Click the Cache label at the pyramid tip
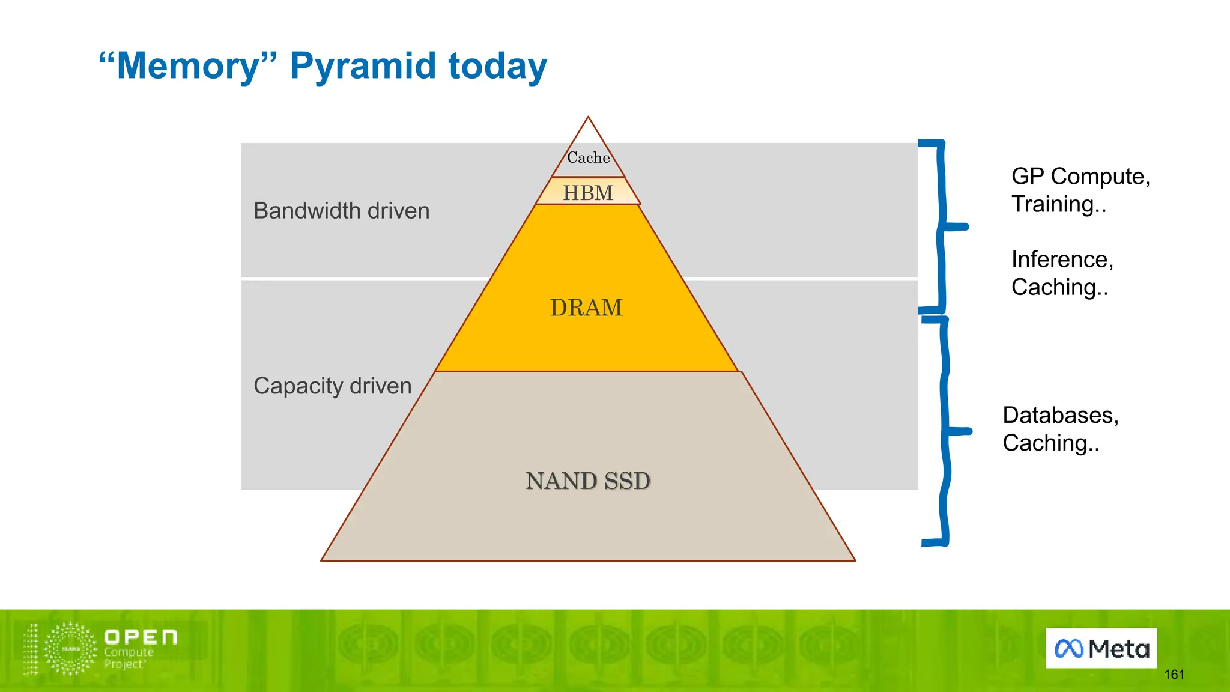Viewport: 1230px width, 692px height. (x=588, y=157)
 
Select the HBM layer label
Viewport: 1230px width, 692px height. (x=588, y=193)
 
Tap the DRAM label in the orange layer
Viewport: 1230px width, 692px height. (x=586, y=308)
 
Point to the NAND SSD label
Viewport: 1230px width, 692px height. (x=588, y=481)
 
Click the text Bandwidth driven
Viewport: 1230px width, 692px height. (x=341, y=211)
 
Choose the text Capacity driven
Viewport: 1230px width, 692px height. (x=332, y=386)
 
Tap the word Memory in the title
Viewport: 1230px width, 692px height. (x=188, y=65)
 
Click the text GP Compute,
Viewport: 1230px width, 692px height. (x=1080, y=177)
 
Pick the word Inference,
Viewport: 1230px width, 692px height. (x=1062, y=259)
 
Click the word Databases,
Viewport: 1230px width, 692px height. (x=1060, y=415)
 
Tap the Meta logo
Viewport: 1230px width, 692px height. (x=1101, y=648)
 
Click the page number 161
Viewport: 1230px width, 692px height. (x=1174, y=675)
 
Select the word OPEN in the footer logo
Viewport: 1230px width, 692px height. (x=141, y=637)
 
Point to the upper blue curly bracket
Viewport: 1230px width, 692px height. (x=941, y=227)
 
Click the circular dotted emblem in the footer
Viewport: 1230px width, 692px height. (x=71, y=649)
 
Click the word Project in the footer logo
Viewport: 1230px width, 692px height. (x=124, y=664)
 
